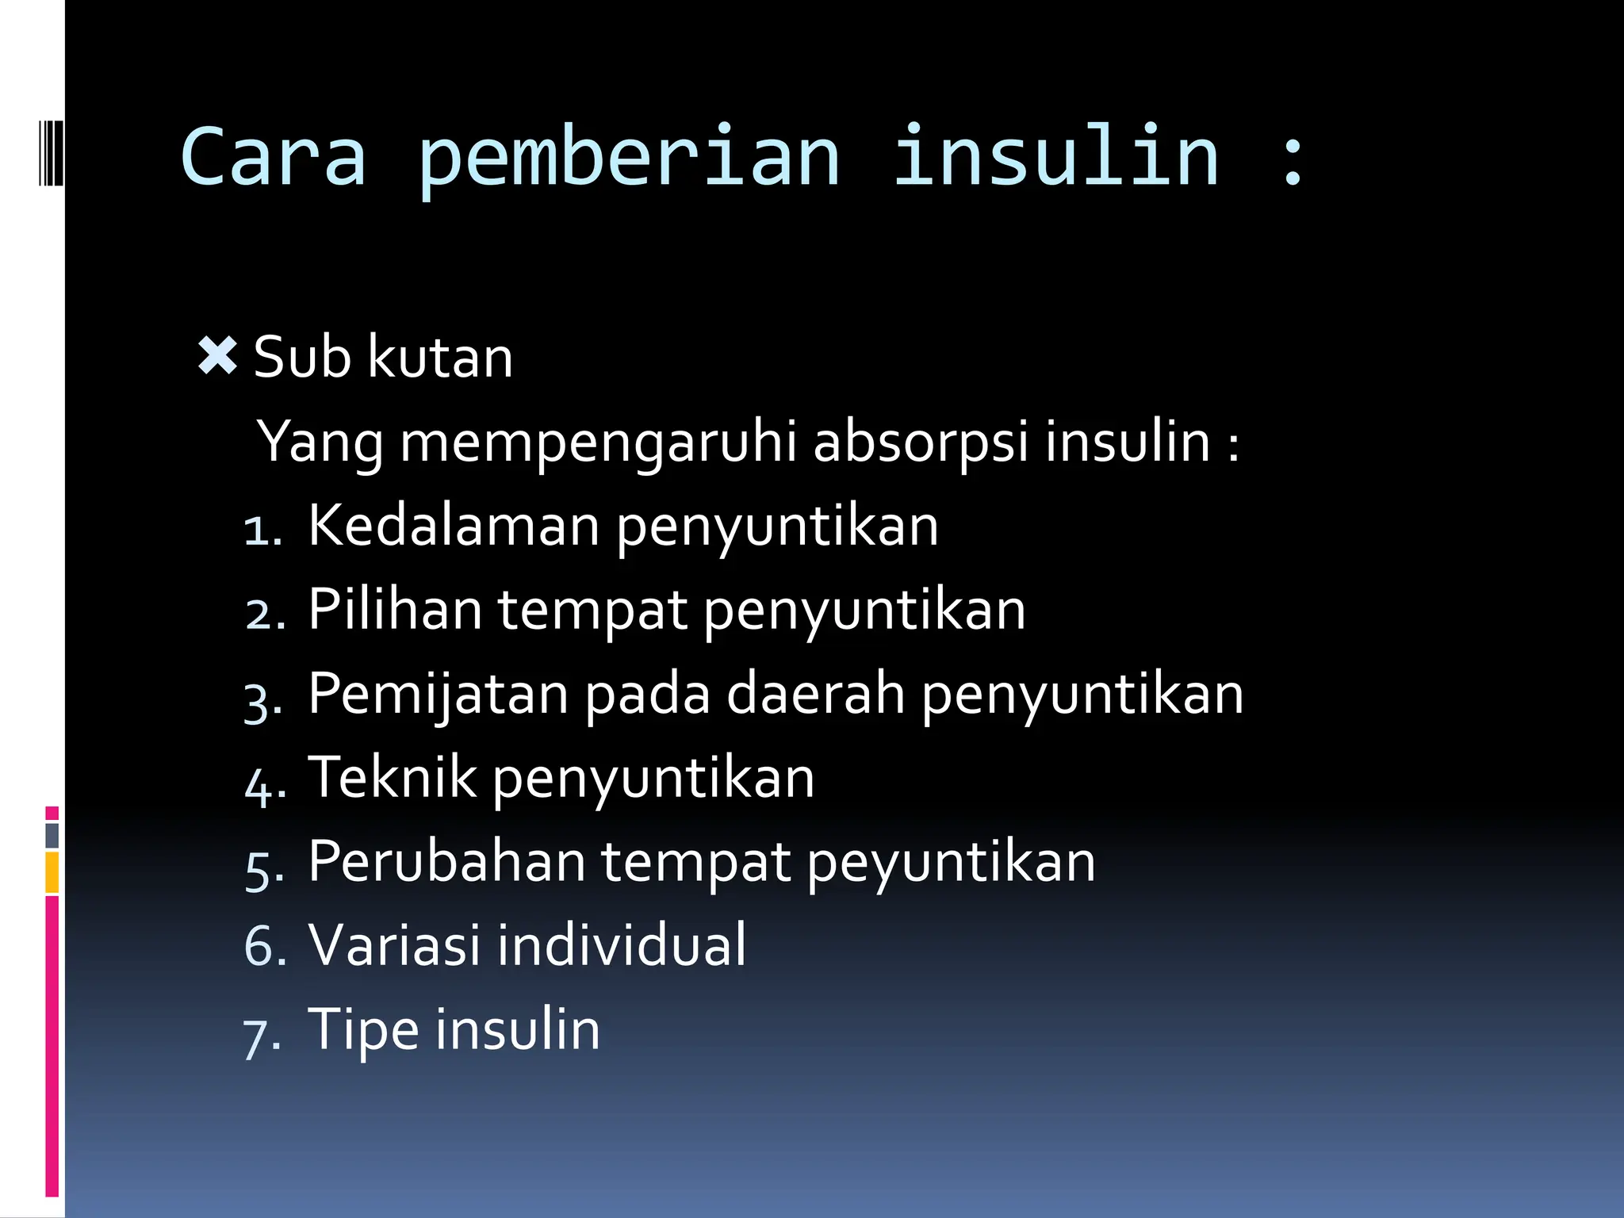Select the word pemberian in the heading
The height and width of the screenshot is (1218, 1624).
coord(628,159)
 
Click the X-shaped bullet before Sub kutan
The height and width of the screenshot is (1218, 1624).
coord(217,356)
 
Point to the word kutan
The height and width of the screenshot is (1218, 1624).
coord(441,358)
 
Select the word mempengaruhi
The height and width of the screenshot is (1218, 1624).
coord(598,442)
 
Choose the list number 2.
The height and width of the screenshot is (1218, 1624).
coord(262,614)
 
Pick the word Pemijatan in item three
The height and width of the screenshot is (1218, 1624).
coord(438,695)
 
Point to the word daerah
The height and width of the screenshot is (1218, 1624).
coord(816,693)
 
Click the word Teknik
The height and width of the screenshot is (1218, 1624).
coord(392,777)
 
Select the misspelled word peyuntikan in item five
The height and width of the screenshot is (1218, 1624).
coord(952,863)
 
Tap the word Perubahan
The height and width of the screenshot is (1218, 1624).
coord(446,861)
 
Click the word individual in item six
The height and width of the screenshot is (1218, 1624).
coord(622,945)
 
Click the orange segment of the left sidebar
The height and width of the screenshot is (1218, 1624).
coord(52,871)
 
